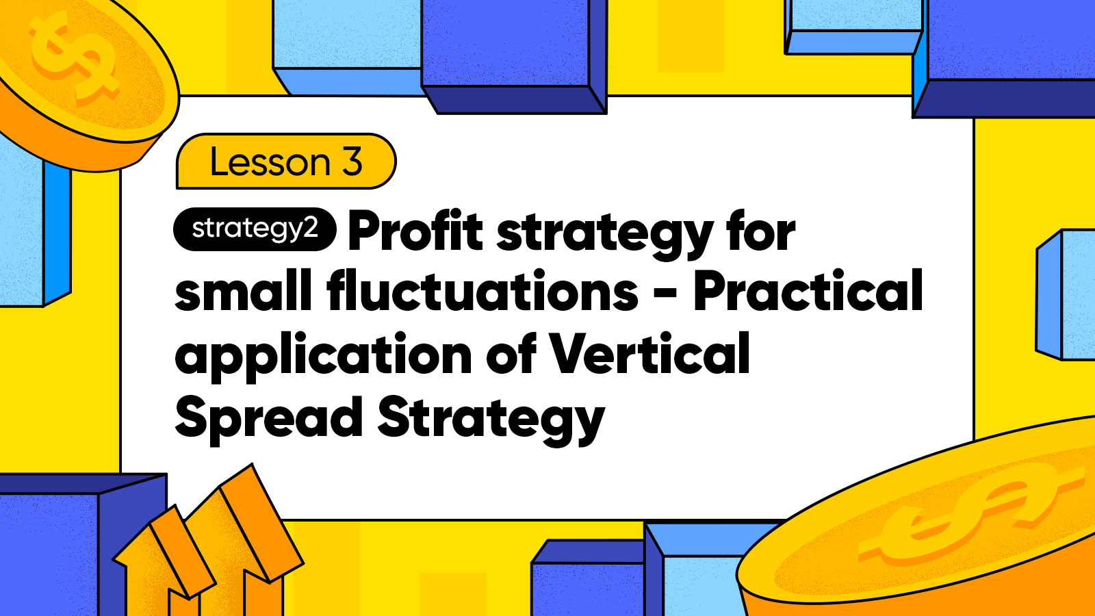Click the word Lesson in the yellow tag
coord(270,162)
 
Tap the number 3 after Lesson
coord(352,162)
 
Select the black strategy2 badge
coord(255,229)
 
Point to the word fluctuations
coord(482,290)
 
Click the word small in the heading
coord(244,290)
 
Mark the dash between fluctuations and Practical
coord(665,294)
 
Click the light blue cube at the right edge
coord(1066,295)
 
